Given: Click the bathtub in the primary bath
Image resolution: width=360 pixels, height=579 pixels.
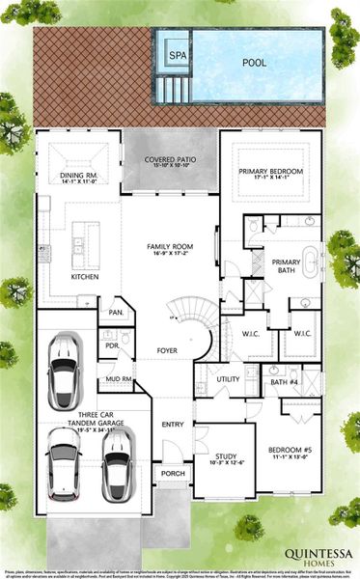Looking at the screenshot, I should coord(311,262).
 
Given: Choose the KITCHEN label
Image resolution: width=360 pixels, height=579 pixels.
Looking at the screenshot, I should coord(85,277).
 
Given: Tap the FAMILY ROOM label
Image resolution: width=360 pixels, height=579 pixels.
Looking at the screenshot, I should coord(170,247).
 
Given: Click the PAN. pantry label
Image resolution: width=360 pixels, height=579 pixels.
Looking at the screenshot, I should coord(116,313).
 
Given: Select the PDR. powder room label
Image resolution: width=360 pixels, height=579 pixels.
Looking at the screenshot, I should coord(112,345).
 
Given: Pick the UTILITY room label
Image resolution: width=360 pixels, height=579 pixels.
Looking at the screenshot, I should coord(228,379).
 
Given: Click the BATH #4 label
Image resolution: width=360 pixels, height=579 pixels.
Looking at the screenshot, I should coord(283,383).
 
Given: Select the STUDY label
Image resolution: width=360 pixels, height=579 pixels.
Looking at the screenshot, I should coord(226,456).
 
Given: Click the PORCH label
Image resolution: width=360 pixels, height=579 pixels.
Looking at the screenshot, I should coord(172,474).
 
